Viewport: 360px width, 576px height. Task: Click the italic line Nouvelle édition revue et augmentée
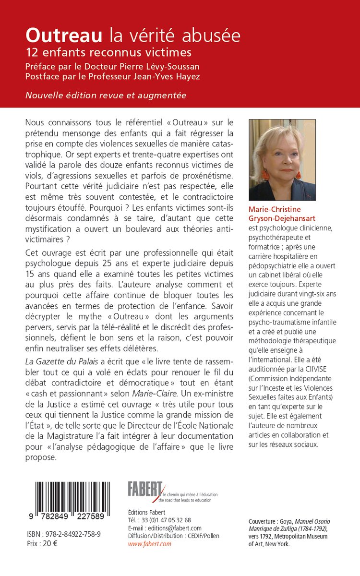point(106,95)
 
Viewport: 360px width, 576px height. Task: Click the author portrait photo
point(282,160)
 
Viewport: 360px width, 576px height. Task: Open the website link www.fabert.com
point(149,544)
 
